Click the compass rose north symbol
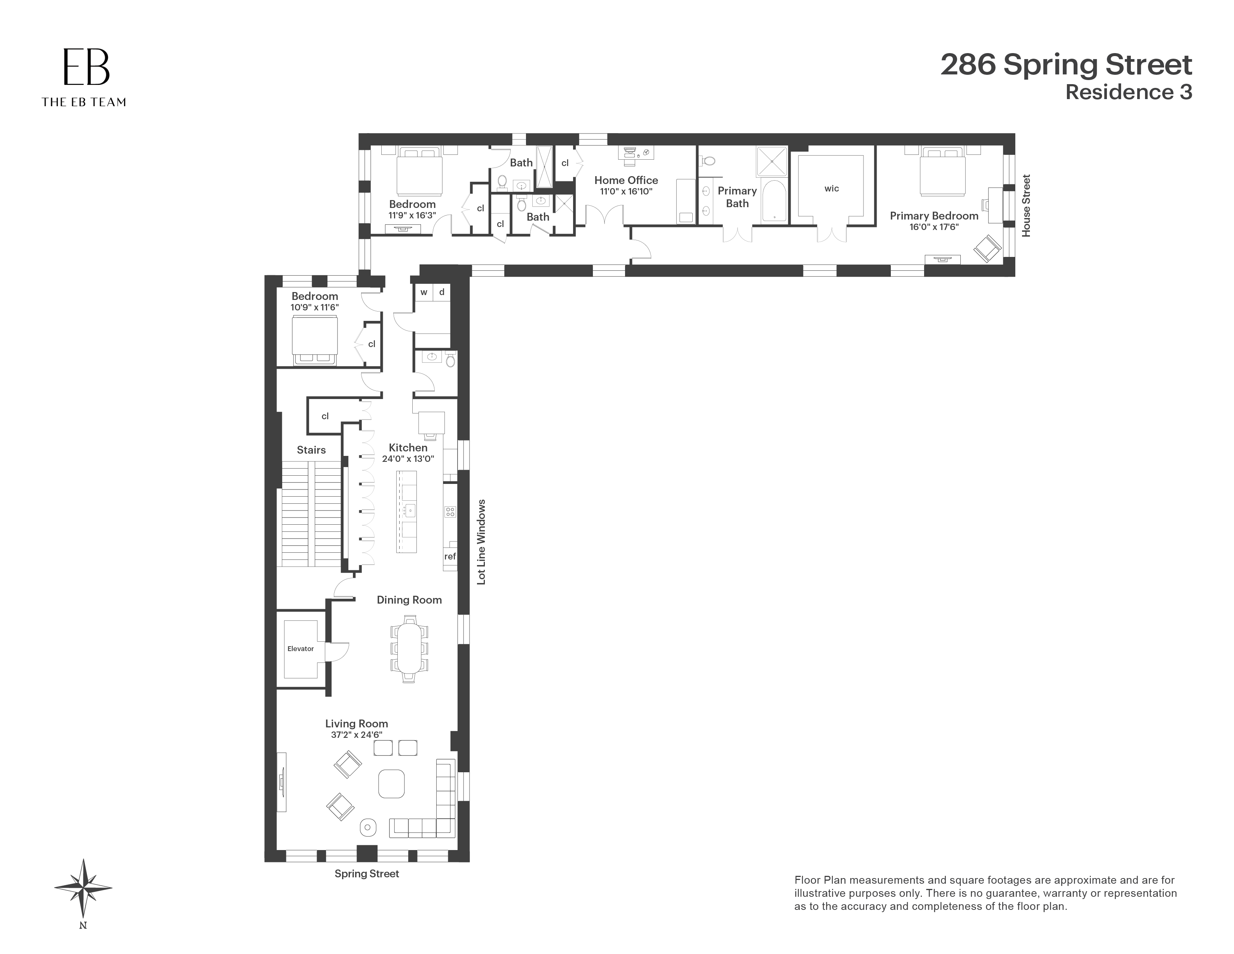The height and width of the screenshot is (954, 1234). pos(83,887)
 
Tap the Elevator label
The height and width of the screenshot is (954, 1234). pos(300,649)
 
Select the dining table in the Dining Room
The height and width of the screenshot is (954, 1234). pos(409,648)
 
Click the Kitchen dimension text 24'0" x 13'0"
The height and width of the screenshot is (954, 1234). pos(407,459)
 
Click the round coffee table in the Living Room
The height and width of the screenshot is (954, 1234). pos(391,784)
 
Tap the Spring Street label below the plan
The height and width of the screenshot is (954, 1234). pos(367,874)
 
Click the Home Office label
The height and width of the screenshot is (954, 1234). pos(626,180)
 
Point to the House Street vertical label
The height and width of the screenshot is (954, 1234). pos(1026,205)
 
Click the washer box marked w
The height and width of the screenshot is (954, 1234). pos(423,292)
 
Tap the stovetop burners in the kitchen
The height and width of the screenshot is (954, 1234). pos(450,512)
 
